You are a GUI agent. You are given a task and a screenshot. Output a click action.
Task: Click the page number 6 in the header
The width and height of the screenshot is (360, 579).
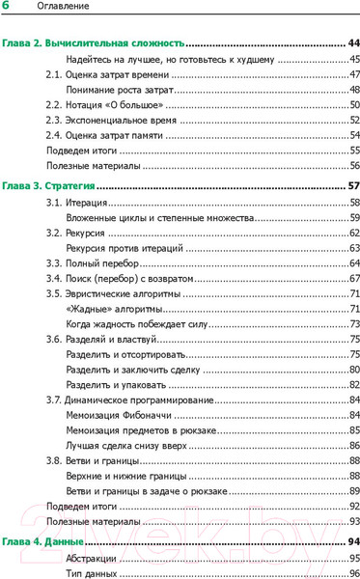[x=6, y=8]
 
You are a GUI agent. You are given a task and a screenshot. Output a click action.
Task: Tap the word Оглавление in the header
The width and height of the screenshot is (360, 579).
[x=49, y=9]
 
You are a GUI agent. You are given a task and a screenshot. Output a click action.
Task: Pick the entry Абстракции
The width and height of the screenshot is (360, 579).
[x=93, y=559]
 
